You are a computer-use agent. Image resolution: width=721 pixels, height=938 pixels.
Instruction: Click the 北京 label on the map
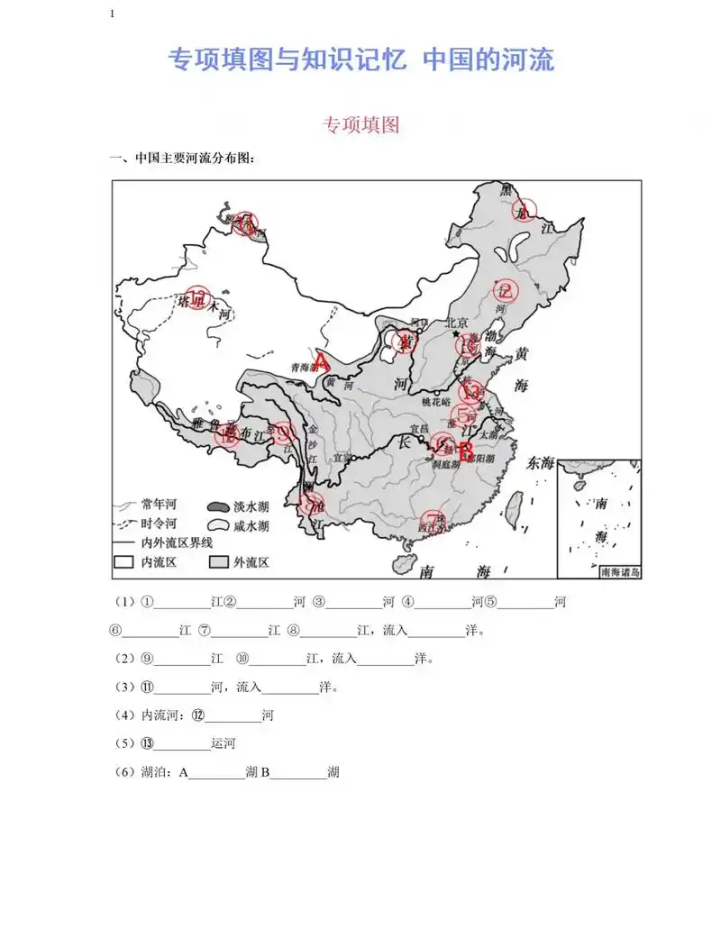(457, 323)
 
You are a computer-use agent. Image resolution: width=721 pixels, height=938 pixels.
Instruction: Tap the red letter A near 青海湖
(320, 361)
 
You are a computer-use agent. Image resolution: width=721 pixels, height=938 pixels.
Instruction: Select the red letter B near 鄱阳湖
(466, 451)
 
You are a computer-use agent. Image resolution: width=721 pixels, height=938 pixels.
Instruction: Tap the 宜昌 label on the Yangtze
(416, 429)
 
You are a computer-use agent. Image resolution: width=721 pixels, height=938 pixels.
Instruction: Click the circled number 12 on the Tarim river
(198, 298)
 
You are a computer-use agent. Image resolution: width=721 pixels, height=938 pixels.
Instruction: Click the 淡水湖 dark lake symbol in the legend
(217, 506)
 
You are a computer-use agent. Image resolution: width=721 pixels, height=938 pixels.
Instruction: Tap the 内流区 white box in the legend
(123, 562)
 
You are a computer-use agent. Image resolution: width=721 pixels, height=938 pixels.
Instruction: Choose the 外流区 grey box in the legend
(217, 562)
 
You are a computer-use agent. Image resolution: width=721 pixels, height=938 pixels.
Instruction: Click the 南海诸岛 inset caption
(620, 571)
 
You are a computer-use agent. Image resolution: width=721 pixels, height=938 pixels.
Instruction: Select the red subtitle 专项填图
(360, 125)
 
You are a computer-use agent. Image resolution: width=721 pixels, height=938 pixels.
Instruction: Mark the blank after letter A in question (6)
(216, 772)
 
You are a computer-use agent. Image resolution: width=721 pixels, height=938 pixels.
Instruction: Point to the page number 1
(112, 14)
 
